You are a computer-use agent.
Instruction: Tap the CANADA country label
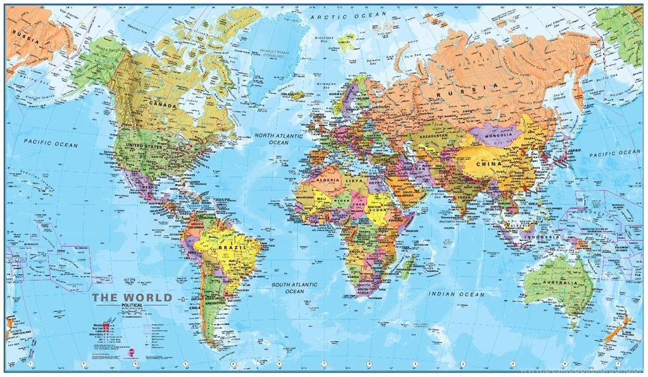[x=163, y=99]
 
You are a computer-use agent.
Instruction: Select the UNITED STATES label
[x=144, y=145]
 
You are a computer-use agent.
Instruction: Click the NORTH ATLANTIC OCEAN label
[x=278, y=139]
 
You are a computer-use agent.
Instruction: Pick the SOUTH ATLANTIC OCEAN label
[x=294, y=288]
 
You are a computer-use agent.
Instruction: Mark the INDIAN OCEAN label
[x=456, y=294]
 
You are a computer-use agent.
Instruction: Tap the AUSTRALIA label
[x=559, y=282]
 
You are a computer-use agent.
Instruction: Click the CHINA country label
[x=489, y=164]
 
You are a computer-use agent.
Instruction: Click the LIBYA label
[x=354, y=181]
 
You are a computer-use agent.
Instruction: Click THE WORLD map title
[x=132, y=297]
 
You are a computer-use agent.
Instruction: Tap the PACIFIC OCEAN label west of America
[x=51, y=144]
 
